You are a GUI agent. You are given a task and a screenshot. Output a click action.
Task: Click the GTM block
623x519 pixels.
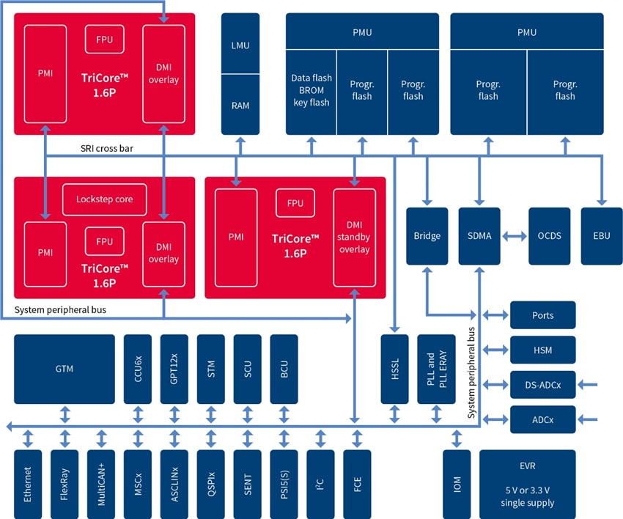point(64,369)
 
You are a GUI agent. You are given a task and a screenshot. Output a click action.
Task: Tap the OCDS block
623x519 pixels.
point(549,236)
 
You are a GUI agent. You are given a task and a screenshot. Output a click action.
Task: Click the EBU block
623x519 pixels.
point(600,236)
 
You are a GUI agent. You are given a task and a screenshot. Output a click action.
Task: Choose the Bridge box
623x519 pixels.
point(427,236)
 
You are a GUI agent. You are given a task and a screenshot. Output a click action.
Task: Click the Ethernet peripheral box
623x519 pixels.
point(28,484)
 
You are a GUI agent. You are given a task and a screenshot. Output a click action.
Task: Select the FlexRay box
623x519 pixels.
point(64,484)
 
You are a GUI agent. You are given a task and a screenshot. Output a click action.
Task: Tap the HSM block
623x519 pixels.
point(543,350)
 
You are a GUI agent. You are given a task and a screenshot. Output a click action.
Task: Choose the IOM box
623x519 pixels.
point(457,484)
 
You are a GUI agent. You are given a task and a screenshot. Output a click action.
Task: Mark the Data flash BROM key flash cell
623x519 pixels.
point(311,90)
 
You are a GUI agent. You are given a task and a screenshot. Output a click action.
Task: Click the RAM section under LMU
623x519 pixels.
point(240,106)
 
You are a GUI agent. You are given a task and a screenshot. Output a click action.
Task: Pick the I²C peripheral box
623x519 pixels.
point(320,484)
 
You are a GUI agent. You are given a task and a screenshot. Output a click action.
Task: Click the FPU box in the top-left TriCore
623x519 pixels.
point(104,39)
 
